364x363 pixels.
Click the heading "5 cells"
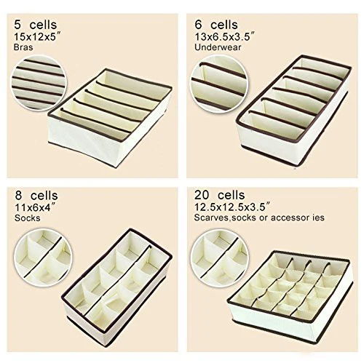tap(36, 25)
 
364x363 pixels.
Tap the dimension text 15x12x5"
tap(37, 37)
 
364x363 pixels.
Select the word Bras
tap(23, 47)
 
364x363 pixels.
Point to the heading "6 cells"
tap(216, 25)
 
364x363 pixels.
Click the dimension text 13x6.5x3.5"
tap(225, 37)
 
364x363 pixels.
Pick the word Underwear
tap(218, 47)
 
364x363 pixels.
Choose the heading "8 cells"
tap(36, 196)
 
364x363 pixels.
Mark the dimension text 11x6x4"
tap(34, 207)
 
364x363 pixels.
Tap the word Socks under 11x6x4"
tap(27, 218)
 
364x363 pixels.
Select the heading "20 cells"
tap(220, 195)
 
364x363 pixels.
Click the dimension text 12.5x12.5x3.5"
tap(232, 207)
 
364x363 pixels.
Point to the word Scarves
tap(211, 218)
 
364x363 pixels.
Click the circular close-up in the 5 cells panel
tap(39, 83)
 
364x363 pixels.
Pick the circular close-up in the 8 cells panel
tap(43, 258)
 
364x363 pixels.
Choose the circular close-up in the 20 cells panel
tap(219, 258)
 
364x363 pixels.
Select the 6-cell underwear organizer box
tap(293, 111)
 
